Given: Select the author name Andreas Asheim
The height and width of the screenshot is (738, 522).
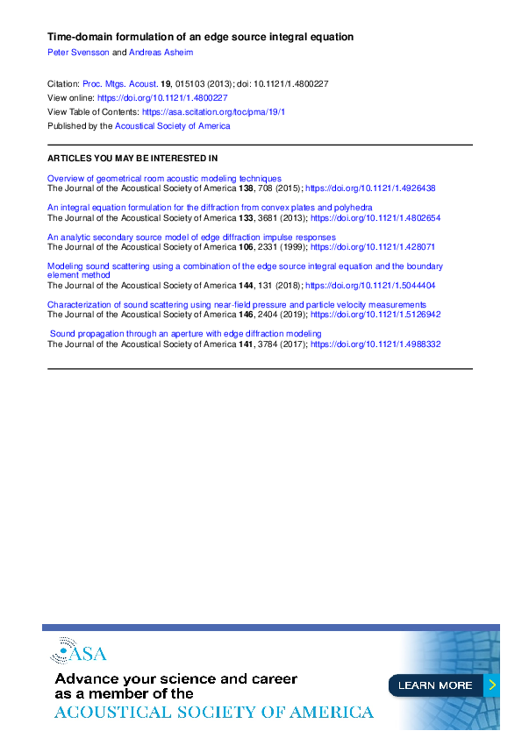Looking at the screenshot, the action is coord(155,52).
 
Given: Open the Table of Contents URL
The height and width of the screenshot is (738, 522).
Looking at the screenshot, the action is coord(213,112).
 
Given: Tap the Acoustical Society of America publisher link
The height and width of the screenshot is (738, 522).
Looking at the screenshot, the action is coord(173,126).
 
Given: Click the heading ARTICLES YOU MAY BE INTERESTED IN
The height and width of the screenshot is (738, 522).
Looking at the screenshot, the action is coord(132,159).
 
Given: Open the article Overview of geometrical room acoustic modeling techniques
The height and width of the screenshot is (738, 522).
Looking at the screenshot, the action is coord(164,178).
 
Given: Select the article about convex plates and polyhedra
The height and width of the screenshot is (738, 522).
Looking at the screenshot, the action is coord(210,208).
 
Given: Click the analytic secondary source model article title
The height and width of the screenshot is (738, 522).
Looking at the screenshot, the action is coord(191,238).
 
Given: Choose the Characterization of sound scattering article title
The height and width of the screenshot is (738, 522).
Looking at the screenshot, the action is coord(237,304).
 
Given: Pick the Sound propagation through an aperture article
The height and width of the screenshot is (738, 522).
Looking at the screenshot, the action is coord(186,334).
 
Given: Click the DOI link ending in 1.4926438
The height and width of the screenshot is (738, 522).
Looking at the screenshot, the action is coord(370,188).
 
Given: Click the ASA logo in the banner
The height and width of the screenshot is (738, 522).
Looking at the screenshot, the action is coord(78,651).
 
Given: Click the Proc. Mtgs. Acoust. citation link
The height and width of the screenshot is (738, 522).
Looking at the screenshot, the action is coord(120,84).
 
